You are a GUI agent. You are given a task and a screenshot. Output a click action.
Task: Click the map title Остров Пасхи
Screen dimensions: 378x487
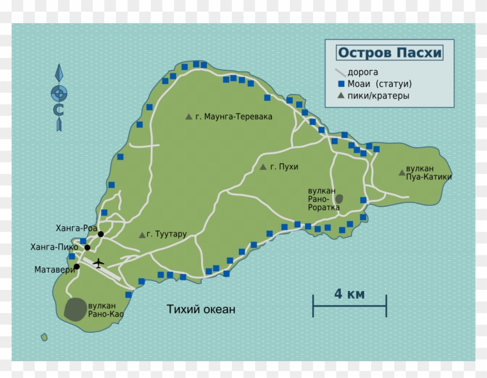click(x=389, y=53)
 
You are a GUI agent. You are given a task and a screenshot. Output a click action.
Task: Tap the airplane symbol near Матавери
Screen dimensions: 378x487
click(x=99, y=263)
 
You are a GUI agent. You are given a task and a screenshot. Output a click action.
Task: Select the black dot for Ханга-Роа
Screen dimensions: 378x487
click(x=101, y=234)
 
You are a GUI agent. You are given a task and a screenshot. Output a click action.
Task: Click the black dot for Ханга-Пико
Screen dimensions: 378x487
click(x=87, y=248)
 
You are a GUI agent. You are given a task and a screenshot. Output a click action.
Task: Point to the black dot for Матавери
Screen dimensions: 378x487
click(x=77, y=267)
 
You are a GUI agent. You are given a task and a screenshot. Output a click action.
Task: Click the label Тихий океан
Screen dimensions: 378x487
click(x=201, y=310)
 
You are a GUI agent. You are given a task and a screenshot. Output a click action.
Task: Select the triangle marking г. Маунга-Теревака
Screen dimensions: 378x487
click(x=188, y=117)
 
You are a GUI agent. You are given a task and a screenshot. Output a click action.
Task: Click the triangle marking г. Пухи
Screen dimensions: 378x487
click(x=263, y=168)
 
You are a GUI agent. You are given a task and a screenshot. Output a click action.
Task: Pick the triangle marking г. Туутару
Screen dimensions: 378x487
click(x=142, y=235)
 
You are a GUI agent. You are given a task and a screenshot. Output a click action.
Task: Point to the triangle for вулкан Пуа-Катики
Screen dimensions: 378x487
click(x=402, y=172)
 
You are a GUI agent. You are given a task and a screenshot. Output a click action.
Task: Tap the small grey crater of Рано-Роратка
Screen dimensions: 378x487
click(x=339, y=198)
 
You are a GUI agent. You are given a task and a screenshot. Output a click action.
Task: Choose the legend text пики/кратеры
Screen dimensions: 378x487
click(x=378, y=95)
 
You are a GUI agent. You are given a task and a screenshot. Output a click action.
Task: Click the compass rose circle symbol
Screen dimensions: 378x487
click(x=59, y=93)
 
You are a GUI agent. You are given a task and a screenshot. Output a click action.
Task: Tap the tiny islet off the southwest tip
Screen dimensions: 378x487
click(x=44, y=336)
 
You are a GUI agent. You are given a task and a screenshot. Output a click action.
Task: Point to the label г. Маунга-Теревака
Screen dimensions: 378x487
click(x=234, y=117)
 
